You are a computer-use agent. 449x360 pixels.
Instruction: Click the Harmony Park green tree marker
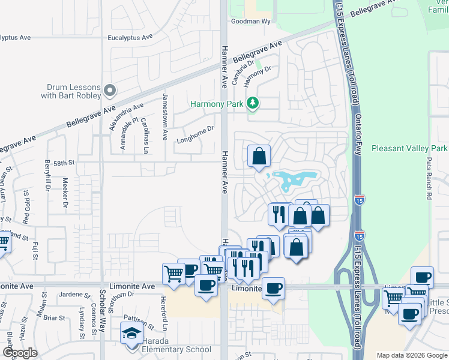point(253,103)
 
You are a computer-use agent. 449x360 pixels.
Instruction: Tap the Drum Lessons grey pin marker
point(109,91)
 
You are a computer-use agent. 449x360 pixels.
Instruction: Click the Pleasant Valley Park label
point(409,148)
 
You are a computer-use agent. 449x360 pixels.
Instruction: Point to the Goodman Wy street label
point(252,22)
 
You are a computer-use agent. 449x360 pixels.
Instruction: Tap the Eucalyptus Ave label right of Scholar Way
point(128,37)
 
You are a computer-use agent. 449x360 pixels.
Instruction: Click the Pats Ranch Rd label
point(429,178)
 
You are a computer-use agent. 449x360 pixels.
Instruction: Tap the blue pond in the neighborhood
point(294,179)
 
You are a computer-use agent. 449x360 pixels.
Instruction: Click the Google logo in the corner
point(19,353)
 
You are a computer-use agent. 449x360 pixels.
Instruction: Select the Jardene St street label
point(74,295)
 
